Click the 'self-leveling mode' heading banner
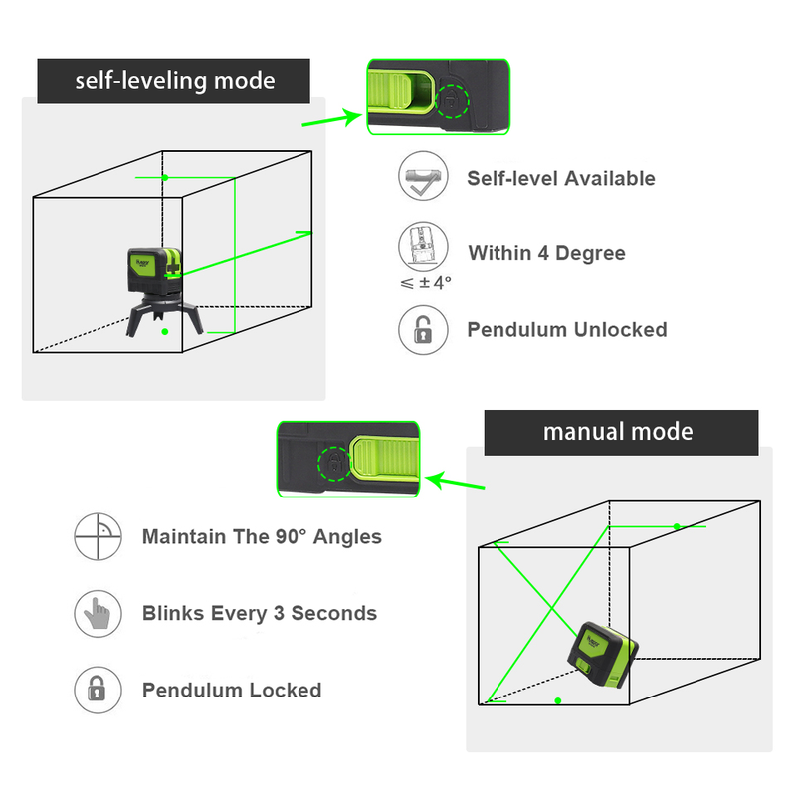[175, 80]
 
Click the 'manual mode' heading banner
[618, 432]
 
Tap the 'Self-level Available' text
[561, 179]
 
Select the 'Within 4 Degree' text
[546, 253]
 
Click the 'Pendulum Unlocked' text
[567, 330]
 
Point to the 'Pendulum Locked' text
[232, 691]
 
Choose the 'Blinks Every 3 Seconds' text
[260, 613]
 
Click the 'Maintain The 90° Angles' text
[262, 537]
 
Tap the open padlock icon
[422, 330]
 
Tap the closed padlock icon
[98, 690]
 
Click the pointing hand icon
[98, 613]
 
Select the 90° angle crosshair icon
[98, 537]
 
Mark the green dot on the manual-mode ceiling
[677, 525]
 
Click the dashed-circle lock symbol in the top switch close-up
[452, 100]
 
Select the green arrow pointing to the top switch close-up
[332, 120]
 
